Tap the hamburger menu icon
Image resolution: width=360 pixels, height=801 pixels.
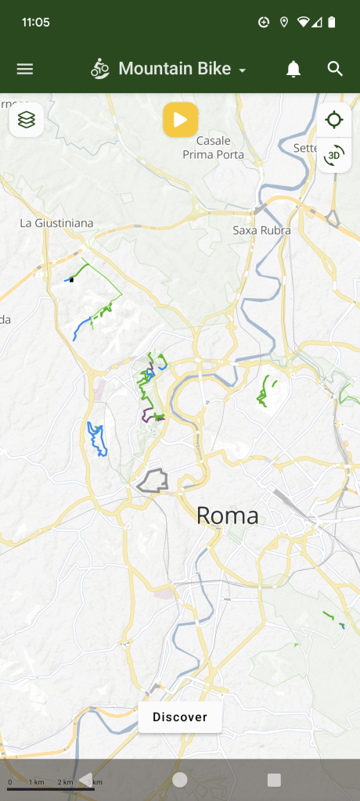pos(25,69)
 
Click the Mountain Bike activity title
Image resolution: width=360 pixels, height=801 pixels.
pos(175,69)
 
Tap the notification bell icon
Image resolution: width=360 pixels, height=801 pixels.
pos(293,69)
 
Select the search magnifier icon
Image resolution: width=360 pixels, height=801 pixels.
pos(335,69)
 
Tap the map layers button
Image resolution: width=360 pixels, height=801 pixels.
pos(27,120)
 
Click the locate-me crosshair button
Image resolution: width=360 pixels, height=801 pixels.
pos(334,120)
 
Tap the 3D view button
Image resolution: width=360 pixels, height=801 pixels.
pos(334,155)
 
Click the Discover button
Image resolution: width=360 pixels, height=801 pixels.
pos(180,717)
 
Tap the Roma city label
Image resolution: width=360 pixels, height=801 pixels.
pos(227,515)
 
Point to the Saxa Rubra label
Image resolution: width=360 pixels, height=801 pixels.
pos(262,230)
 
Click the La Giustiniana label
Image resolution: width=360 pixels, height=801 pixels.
pos(56,223)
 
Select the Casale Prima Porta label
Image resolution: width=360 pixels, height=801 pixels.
pos(213,148)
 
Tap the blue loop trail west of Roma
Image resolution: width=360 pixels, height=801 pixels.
pos(97,439)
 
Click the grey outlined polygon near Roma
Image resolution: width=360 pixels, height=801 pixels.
pos(153,480)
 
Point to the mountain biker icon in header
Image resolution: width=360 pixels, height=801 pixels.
pos(100,69)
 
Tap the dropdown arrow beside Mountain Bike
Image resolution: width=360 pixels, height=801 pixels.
pos(243,70)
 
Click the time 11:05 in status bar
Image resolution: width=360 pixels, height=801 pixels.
pos(36,22)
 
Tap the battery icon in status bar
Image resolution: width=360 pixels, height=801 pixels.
pos(333,22)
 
